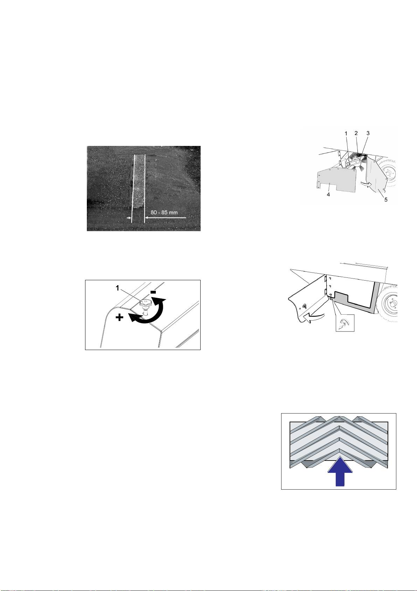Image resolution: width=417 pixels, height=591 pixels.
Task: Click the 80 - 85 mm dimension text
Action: pyautogui.click(x=164, y=213)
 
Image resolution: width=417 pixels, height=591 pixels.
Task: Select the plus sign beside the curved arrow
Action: pyautogui.click(x=120, y=318)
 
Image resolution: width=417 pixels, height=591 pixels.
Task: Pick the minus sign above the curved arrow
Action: pyautogui.click(x=154, y=292)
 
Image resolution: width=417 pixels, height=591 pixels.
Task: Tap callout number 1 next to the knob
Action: pyautogui.click(x=118, y=288)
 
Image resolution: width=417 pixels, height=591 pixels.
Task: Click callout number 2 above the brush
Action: pyautogui.click(x=356, y=133)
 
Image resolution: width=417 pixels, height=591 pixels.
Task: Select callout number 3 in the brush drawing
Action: pyautogui.click(x=368, y=133)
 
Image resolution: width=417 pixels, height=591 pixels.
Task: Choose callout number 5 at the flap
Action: pyautogui.click(x=386, y=200)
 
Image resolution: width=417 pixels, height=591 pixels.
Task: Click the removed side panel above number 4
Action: pyautogui.click(x=336, y=180)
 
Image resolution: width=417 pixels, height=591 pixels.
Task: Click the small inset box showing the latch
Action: pyautogui.click(x=345, y=323)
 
